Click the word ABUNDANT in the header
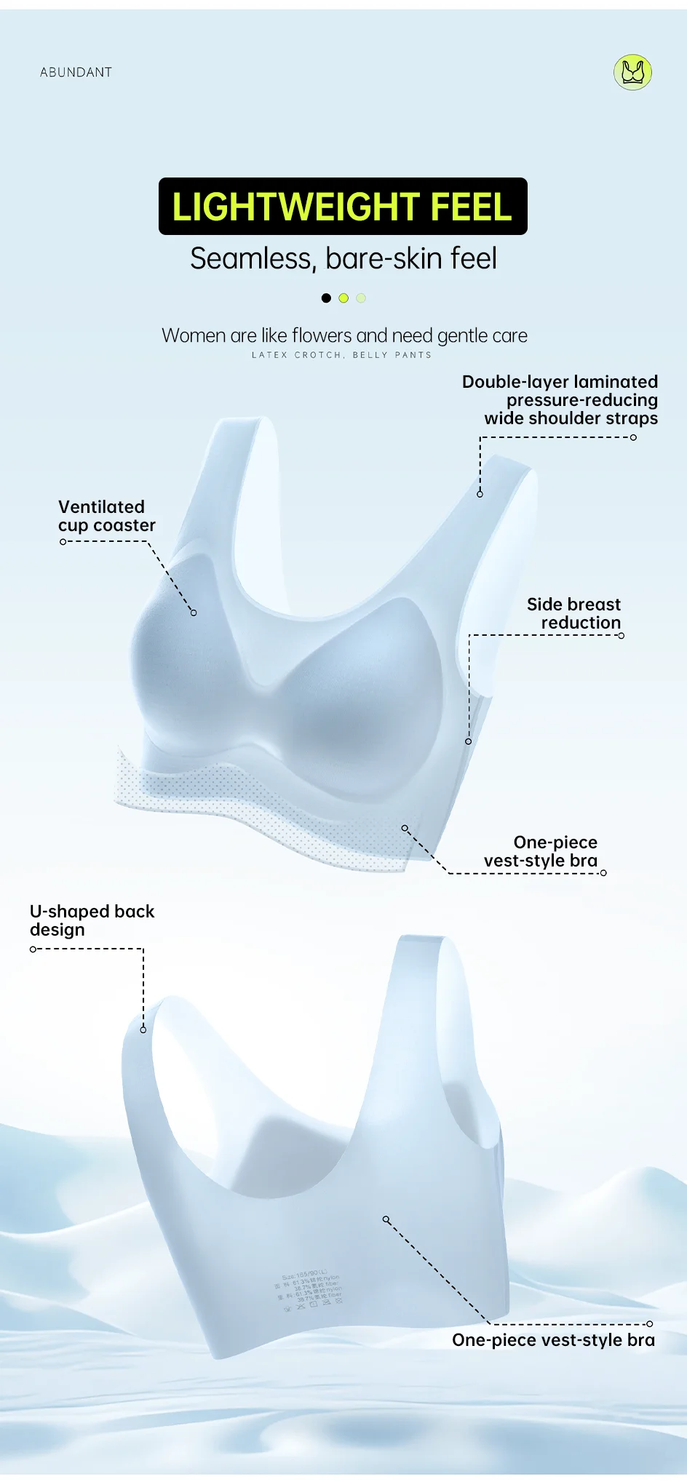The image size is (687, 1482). click(x=76, y=72)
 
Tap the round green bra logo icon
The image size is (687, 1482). click(x=632, y=72)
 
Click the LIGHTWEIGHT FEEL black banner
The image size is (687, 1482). click(x=343, y=207)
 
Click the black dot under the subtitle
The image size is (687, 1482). click(x=326, y=298)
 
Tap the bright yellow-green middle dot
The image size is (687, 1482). click(x=343, y=298)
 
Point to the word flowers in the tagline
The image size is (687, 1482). click(x=322, y=335)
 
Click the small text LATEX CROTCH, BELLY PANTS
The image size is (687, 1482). click(x=341, y=355)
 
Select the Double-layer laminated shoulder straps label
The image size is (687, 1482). click(x=560, y=400)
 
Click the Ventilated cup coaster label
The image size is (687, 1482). click(x=106, y=516)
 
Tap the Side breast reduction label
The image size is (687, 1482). click(x=573, y=613)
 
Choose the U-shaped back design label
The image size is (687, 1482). click(x=92, y=920)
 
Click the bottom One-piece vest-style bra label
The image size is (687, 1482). click(x=553, y=1340)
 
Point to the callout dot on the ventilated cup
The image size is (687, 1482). click(x=194, y=613)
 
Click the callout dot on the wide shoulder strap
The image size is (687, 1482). click(x=480, y=494)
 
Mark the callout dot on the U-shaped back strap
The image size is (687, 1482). click(x=143, y=1029)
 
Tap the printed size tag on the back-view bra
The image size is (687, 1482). click(x=309, y=1291)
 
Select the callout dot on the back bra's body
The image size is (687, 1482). click(x=386, y=1219)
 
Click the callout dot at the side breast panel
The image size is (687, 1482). click(x=469, y=741)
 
